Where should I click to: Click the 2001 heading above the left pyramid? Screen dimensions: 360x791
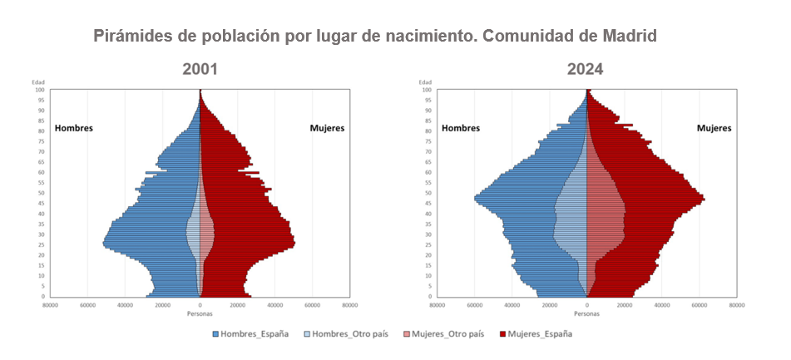point(200,69)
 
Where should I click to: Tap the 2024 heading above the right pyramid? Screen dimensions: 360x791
point(586,69)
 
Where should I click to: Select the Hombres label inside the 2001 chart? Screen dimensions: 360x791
point(73,128)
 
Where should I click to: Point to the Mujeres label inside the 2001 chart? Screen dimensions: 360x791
point(327,128)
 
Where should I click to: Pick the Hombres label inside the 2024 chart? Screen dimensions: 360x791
point(460,128)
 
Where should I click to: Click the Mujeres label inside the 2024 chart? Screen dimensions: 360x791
point(714,128)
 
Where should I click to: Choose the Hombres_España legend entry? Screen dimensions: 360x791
point(250,334)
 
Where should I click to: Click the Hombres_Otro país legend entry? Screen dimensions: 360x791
point(344,334)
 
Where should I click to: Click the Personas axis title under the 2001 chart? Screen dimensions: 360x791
point(200,313)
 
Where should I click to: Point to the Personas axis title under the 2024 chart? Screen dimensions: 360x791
point(586,313)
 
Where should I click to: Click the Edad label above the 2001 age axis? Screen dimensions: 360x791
point(39,82)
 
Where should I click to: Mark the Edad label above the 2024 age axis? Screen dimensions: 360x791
point(426,82)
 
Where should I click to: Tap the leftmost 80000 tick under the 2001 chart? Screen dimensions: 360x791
point(50,305)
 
